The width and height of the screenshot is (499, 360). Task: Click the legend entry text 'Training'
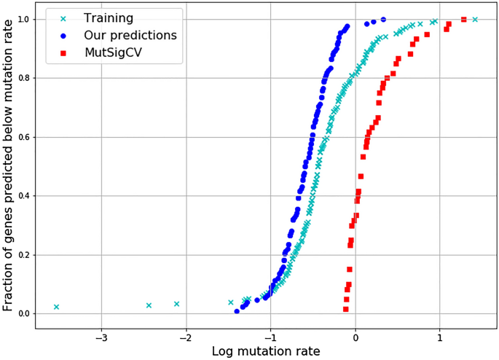pos(108,17)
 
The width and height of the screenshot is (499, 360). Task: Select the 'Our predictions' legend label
pos(130,35)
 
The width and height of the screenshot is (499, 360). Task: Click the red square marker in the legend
pos(64,52)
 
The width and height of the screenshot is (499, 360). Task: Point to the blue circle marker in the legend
pos(64,35)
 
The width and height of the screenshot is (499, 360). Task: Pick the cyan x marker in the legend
pos(64,17)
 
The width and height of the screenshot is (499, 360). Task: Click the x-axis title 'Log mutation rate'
pos(266,351)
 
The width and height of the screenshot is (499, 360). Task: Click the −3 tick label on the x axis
pos(101,337)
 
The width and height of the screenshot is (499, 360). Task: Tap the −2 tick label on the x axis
pos(186,337)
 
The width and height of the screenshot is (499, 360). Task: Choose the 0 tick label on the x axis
pos(355,337)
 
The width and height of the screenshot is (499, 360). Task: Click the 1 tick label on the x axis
pos(440,337)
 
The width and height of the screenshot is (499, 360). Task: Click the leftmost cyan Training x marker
pos(56,307)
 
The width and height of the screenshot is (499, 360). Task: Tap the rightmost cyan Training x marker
pos(475,20)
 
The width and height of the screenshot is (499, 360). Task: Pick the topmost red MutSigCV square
pos(463,20)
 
